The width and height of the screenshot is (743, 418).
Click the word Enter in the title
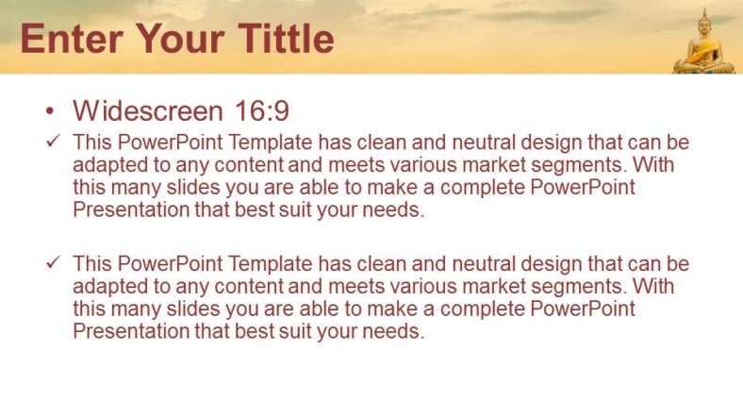coord(72,39)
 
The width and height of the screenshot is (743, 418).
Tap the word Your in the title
coord(180,39)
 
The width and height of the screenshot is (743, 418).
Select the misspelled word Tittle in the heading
coord(287,38)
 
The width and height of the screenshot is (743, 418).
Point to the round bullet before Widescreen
coord(50,111)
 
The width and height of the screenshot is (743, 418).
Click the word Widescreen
coord(148,111)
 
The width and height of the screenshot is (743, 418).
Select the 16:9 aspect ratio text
coord(262,111)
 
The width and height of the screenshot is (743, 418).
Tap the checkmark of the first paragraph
coord(54,141)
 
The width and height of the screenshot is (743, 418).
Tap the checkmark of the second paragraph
coord(54,262)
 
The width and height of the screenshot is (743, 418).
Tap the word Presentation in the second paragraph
coord(131,331)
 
